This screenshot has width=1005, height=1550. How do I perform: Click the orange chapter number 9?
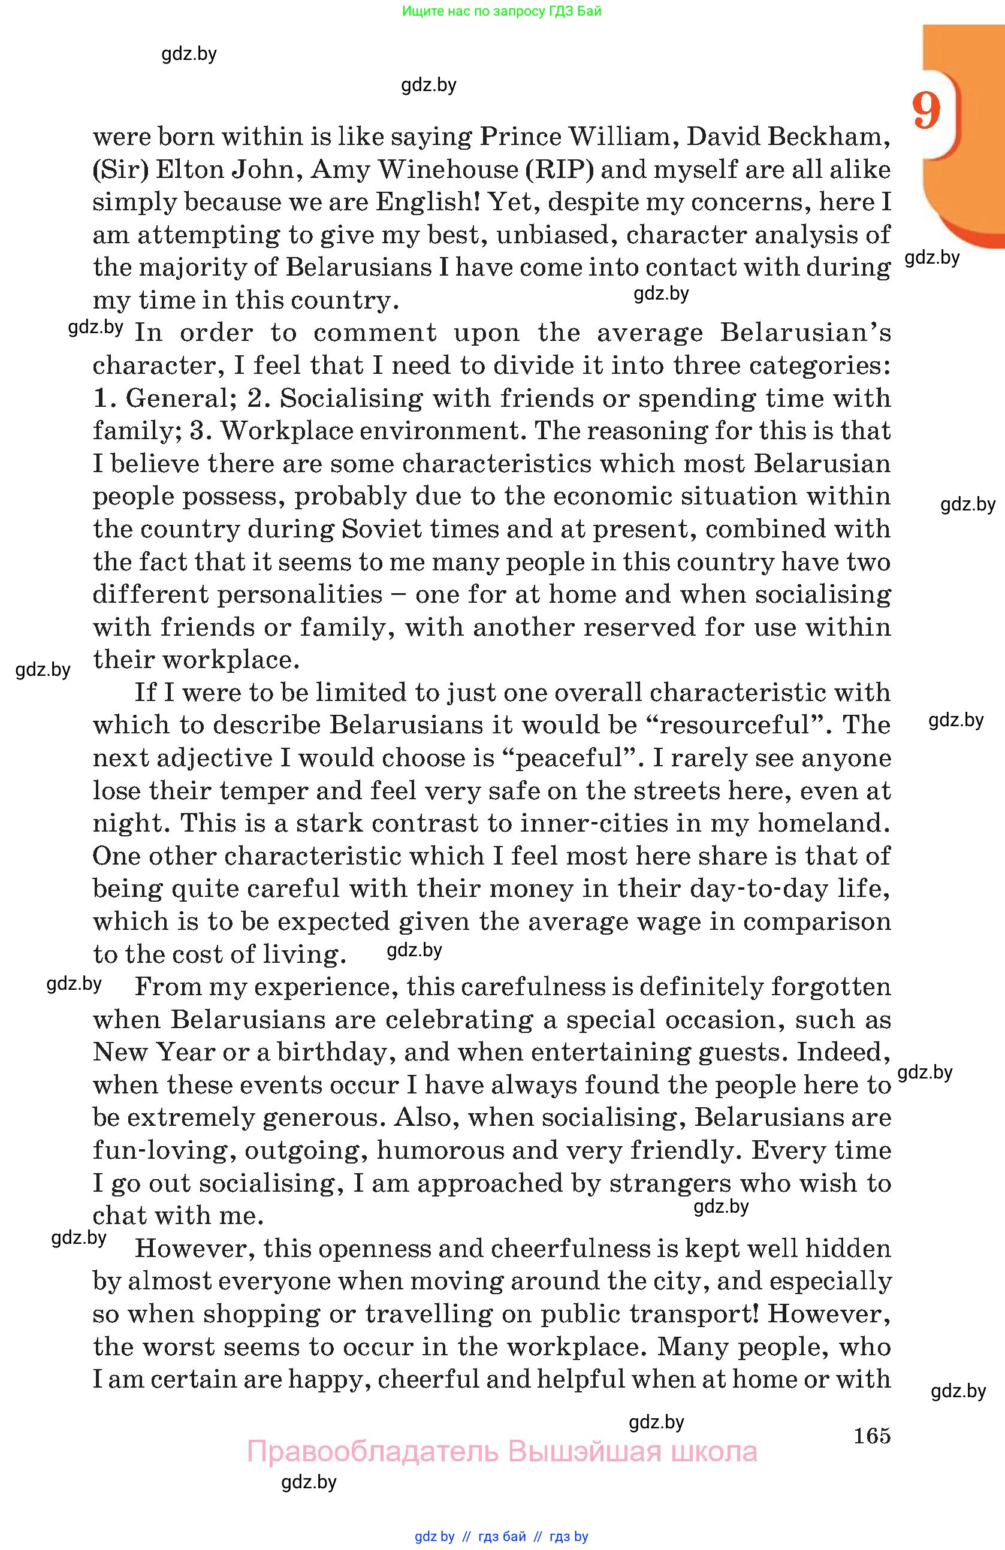[926, 111]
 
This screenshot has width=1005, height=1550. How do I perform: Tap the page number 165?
[871, 1436]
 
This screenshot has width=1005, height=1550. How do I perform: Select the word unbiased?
[553, 234]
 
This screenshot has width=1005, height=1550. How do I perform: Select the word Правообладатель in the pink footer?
[373, 1452]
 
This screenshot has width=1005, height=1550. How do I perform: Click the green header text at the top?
[502, 11]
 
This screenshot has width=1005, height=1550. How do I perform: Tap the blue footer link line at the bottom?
[502, 1536]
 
